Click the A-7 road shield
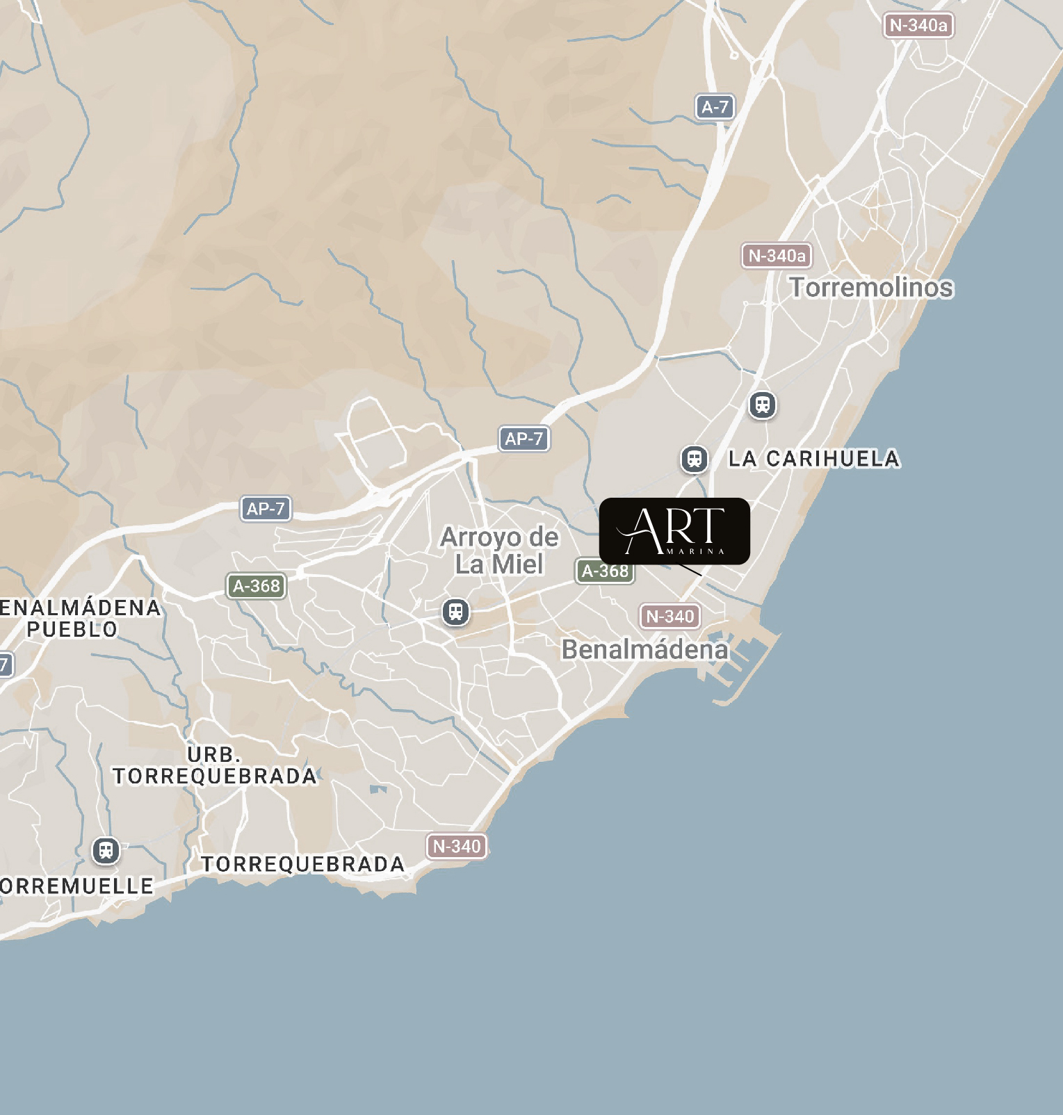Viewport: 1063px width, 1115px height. click(715, 107)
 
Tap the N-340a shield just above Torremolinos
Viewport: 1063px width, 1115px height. click(777, 256)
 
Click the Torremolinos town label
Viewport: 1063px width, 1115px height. click(871, 287)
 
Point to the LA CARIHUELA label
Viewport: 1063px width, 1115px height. click(814, 459)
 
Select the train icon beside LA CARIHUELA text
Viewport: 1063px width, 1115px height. click(694, 459)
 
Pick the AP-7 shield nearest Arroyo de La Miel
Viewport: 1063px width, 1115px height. click(524, 439)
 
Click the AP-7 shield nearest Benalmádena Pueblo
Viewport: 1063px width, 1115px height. click(266, 508)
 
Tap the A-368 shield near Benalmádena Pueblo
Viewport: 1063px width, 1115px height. click(256, 586)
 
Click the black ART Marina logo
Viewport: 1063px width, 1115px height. click(674, 530)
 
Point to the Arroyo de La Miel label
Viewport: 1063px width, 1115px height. click(499, 551)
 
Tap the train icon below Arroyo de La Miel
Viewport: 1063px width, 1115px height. click(455, 612)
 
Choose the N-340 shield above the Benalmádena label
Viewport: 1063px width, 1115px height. click(670, 616)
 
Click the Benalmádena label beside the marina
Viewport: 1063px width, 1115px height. click(644, 649)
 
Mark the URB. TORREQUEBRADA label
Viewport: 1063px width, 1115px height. click(214, 765)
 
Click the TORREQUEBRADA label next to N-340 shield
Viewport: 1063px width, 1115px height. click(302, 864)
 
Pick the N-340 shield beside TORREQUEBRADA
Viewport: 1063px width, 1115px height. click(456, 846)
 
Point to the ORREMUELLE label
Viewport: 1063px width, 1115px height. click(76, 886)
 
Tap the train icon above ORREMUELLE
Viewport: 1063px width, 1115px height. click(106, 850)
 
